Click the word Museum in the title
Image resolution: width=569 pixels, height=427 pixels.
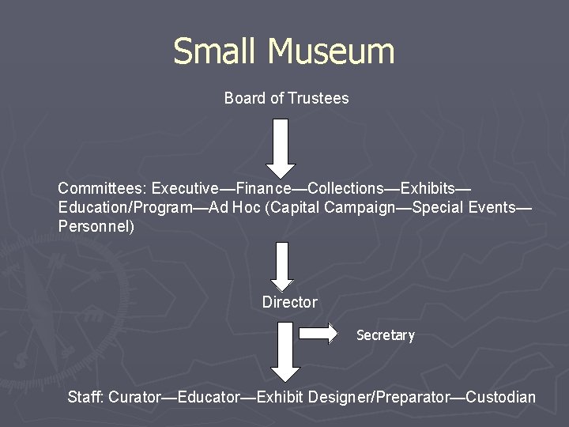click(331, 52)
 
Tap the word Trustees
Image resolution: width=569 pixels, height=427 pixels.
click(318, 98)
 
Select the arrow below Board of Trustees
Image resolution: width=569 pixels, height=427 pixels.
click(281, 148)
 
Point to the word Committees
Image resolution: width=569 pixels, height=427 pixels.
click(102, 188)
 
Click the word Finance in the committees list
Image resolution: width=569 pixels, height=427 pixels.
click(264, 188)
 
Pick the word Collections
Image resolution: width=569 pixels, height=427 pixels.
click(345, 188)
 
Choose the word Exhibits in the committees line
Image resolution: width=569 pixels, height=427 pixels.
click(428, 188)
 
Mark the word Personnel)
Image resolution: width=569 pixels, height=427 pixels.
click(96, 226)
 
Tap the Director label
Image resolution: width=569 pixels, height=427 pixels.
click(289, 302)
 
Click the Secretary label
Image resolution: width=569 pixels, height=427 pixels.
click(386, 335)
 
